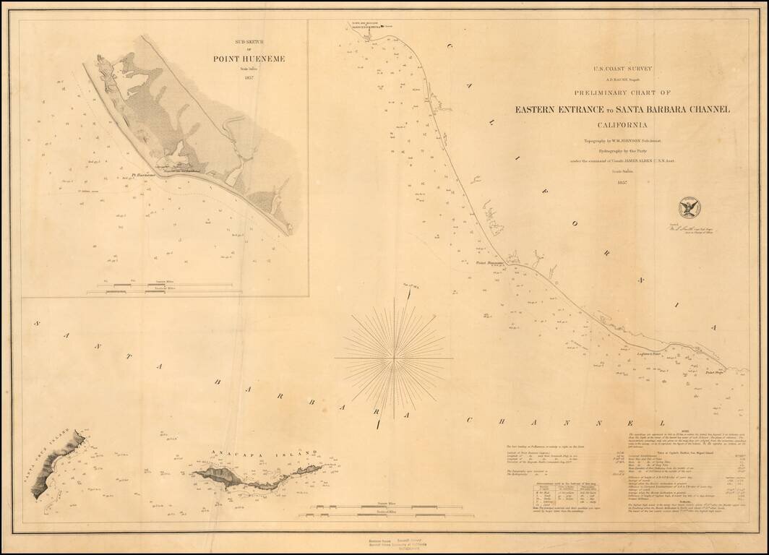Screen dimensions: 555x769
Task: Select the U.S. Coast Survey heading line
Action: coord(622,69)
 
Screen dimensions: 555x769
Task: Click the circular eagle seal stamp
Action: coord(689,208)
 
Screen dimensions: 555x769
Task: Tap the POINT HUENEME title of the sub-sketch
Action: coord(249,59)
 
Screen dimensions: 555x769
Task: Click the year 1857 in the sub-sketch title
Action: coord(249,78)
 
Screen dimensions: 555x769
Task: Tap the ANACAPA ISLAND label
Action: coord(264,454)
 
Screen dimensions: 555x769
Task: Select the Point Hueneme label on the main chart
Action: coord(489,263)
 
